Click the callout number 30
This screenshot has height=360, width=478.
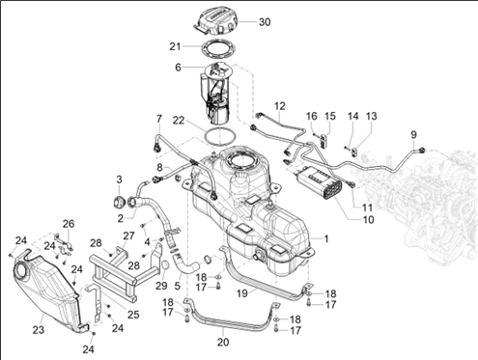[x=265, y=22]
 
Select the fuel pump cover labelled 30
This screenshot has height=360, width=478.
[x=216, y=21]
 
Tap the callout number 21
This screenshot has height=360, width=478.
[x=176, y=46]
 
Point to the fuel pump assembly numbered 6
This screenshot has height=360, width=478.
[x=213, y=94]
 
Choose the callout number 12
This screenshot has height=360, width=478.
[x=280, y=106]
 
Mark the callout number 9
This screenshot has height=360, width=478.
[x=413, y=134]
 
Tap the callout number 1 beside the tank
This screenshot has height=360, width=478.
[x=326, y=239]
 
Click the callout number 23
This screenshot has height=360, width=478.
[x=39, y=330]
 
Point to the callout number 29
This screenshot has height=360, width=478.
[x=161, y=285]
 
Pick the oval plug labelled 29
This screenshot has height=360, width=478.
[x=164, y=265]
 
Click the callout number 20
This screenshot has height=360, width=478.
[x=223, y=342]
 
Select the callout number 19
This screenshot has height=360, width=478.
[x=242, y=293]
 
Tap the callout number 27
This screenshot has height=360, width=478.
[x=128, y=235]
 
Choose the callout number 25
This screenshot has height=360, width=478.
[x=133, y=315]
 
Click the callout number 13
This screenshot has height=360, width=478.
[x=372, y=116]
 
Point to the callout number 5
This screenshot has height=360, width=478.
[x=178, y=286]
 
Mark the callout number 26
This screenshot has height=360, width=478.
[x=69, y=224]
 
